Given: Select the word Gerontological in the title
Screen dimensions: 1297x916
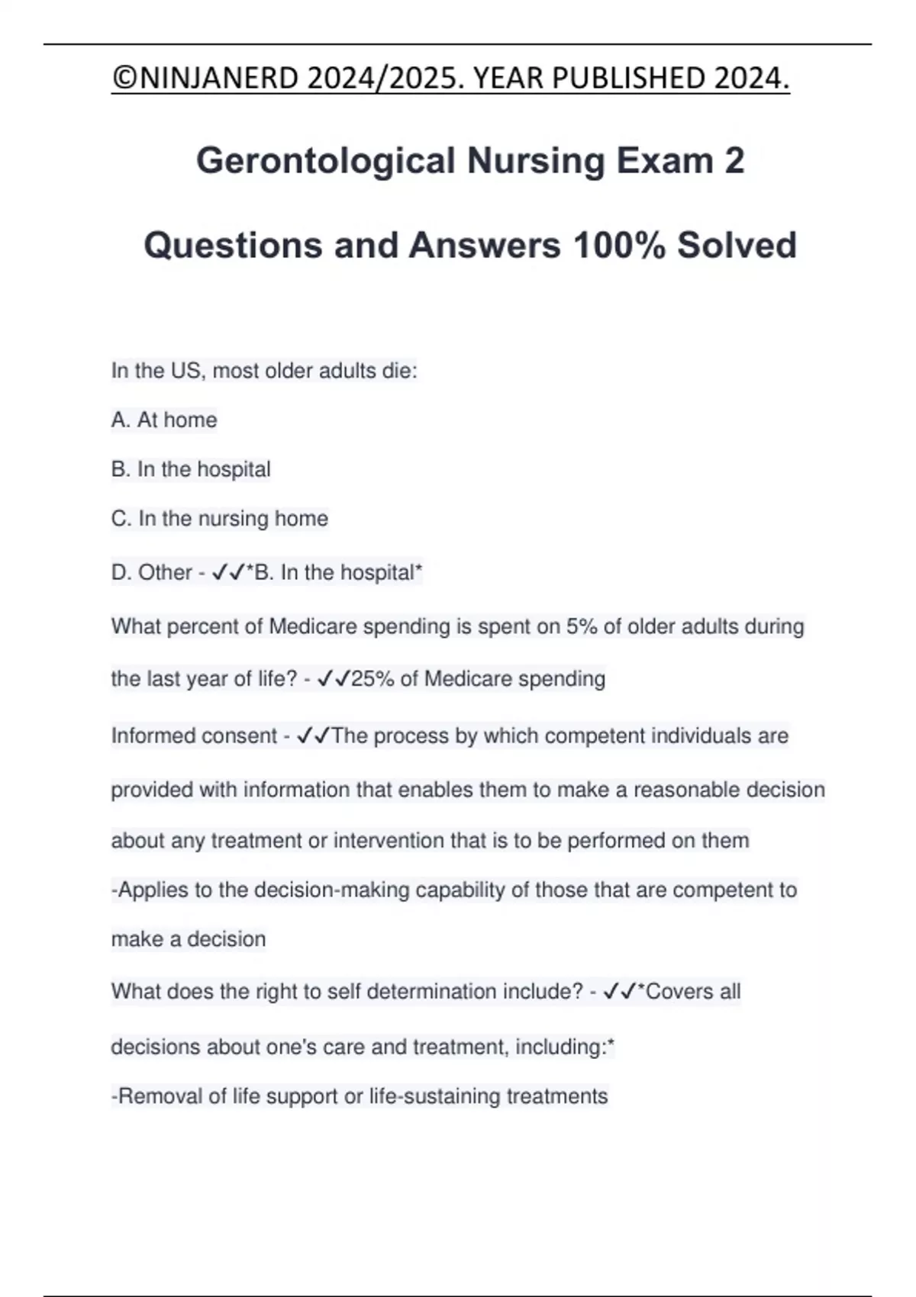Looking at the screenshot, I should point(326,161).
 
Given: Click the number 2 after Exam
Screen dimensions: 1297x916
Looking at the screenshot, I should point(734,161).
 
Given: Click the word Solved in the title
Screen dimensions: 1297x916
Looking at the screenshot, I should point(737,246).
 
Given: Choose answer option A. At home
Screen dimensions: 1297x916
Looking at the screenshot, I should point(164,420).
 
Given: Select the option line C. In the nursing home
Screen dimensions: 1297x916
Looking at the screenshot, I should point(220,519).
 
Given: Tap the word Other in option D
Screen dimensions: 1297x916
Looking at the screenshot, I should point(165,572).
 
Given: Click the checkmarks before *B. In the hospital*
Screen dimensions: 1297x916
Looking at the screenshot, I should point(227,572).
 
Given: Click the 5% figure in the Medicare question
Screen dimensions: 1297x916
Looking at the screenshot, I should point(581,626).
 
